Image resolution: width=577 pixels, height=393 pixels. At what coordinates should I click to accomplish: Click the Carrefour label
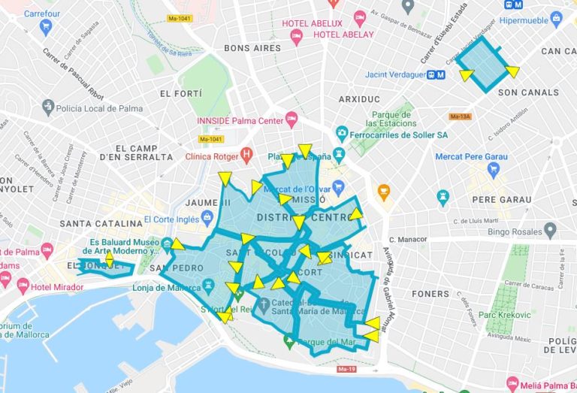[x=26, y=13]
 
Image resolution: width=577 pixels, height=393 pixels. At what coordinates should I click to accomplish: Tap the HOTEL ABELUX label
[x=312, y=23]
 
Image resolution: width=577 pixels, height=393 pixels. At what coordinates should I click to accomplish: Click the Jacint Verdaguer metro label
[x=394, y=74]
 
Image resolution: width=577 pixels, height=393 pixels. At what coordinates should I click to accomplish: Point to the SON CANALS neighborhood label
[x=529, y=92]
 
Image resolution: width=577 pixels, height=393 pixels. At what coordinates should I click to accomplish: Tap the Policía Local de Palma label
[x=99, y=107]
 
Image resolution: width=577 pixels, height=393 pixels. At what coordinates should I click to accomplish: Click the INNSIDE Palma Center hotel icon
[x=292, y=119]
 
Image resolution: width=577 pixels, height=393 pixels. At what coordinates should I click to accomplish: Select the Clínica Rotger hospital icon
[x=246, y=156]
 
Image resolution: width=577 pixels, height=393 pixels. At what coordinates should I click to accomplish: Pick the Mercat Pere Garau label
[x=471, y=156]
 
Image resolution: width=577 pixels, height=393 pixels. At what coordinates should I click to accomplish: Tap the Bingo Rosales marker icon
[x=550, y=230]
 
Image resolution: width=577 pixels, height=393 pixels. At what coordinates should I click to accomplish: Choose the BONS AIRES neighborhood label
[x=252, y=48]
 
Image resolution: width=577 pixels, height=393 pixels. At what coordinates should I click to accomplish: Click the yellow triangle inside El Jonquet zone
[x=110, y=260]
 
